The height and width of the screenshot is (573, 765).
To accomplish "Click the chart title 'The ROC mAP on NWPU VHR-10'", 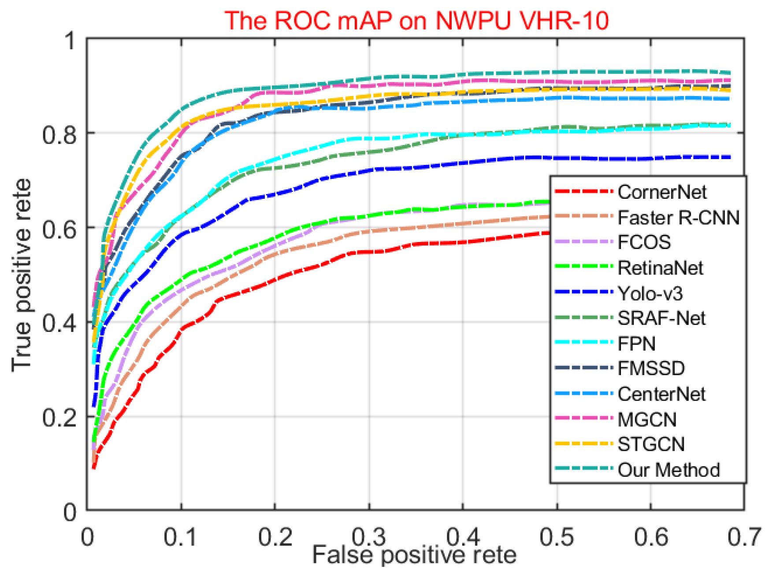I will coord(416,20).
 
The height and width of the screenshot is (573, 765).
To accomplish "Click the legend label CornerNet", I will coord(661,192).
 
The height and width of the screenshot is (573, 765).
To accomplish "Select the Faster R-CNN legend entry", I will coord(678,218).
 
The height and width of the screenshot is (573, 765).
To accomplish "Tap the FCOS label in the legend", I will coord(644,242).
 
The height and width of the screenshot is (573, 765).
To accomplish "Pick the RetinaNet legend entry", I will coord(660,268).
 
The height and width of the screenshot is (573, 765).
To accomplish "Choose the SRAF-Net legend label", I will coord(661,318).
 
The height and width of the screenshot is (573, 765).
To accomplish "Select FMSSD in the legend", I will coord(651,368).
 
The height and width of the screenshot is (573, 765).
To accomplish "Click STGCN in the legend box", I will coord(651,444).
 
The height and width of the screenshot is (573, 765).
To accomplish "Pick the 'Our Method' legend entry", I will coord(668,470).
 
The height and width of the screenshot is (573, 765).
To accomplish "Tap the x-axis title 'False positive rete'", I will coord(414,554).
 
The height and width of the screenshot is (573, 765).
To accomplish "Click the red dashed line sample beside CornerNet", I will coord(583,192).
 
